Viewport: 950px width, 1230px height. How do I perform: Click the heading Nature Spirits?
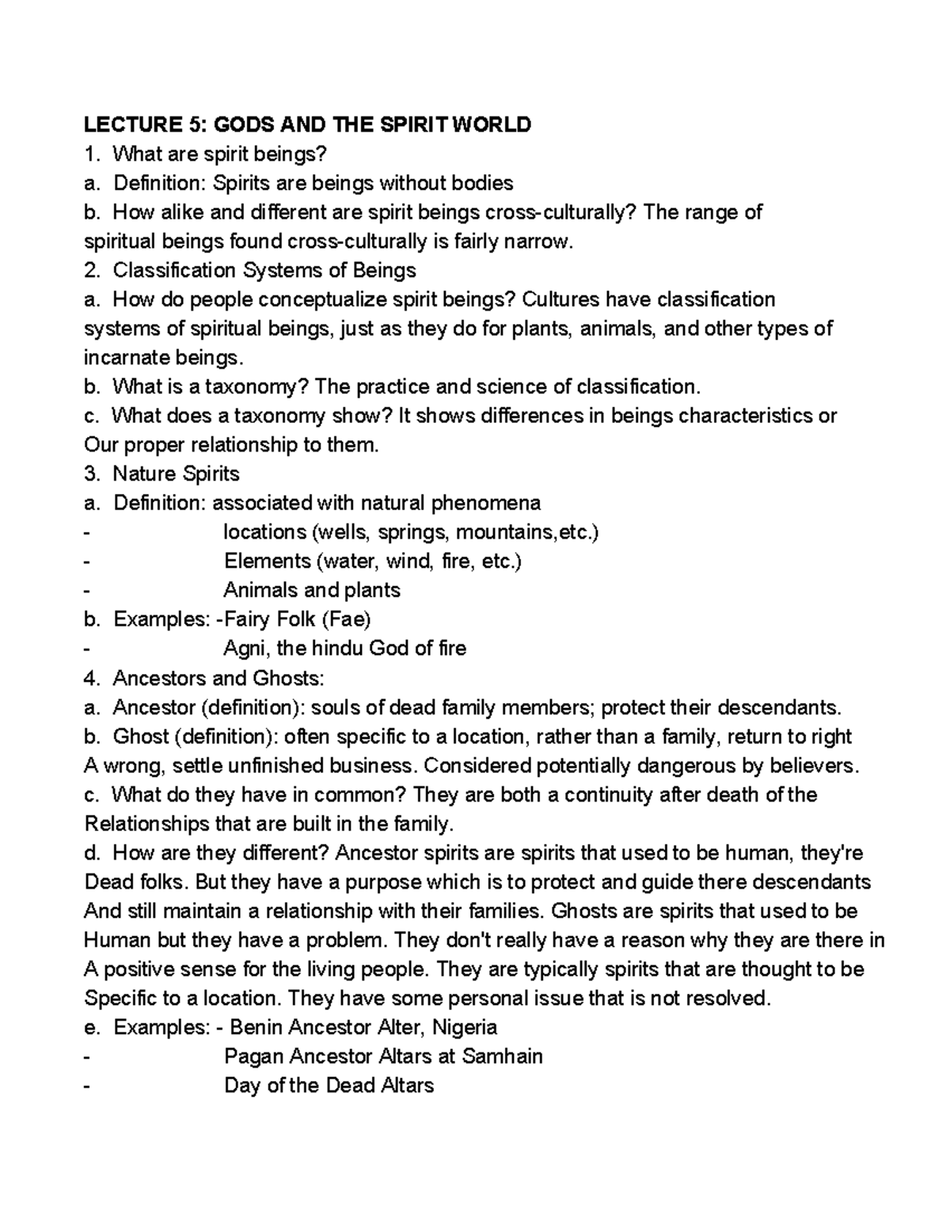point(176,474)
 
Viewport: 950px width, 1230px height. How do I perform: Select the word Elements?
point(267,562)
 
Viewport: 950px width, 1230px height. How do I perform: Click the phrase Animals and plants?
point(312,591)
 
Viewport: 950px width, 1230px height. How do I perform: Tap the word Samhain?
point(503,1057)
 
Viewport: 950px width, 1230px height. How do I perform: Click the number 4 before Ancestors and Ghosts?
point(89,679)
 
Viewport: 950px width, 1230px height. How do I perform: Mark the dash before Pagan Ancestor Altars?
point(87,1057)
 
